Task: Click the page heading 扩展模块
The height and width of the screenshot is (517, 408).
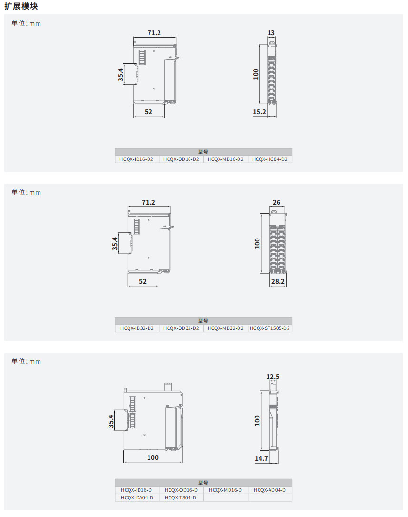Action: click(21, 6)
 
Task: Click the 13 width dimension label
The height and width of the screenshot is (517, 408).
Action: click(271, 33)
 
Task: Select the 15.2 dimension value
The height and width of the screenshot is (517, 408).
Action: click(259, 112)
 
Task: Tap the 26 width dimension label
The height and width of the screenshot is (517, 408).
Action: click(277, 202)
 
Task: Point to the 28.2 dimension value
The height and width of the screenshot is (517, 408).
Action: click(278, 281)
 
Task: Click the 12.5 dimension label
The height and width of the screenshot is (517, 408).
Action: click(273, 377)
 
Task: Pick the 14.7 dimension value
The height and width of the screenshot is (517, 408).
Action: click(261, 458)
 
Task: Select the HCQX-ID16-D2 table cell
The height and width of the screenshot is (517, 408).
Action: click(137, 159)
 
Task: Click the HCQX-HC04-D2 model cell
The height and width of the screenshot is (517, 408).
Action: click(270, 159)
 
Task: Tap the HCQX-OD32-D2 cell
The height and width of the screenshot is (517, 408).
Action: click(181, 328)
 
